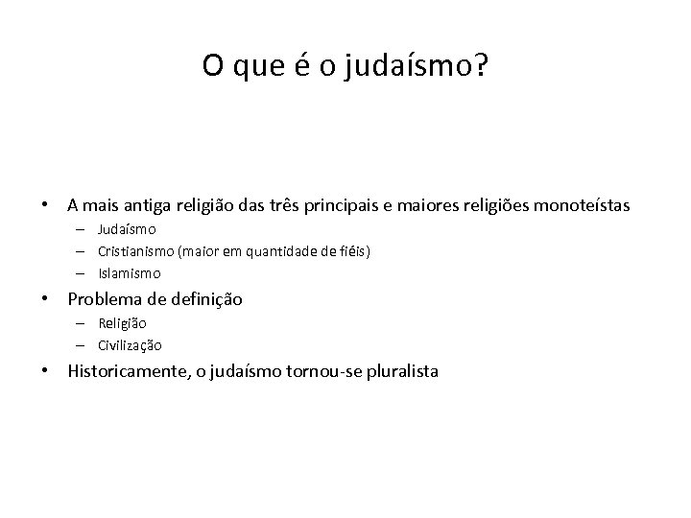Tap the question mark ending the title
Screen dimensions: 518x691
pyautogui.click(x=481, y=65)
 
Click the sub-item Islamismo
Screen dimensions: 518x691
pyautogui.click(x=130, y=273)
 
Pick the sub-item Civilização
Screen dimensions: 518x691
pyautogui.click(x=130, y=344)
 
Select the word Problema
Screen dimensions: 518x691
pyautogui.click(x=103, y=299)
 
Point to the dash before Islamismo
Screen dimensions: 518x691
pyautogui.click(x=84, y=273)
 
